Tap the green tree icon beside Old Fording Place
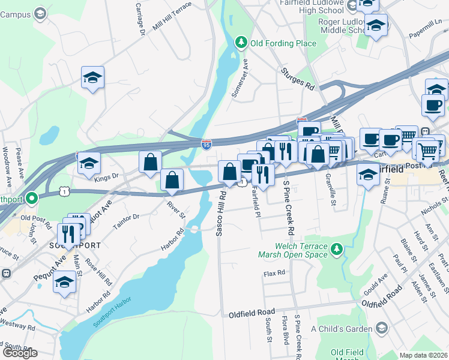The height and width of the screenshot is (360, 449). pos(241,42)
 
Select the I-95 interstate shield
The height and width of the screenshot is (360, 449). pos(206,145)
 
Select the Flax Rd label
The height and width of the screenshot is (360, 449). pos(274,274)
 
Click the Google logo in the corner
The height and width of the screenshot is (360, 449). pos(20,353)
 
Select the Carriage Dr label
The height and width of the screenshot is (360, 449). pos(141,19)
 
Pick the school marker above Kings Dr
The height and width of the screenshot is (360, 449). pos(88,164)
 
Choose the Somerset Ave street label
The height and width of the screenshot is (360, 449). pos(240,79)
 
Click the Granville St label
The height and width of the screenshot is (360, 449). pos(331,189)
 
